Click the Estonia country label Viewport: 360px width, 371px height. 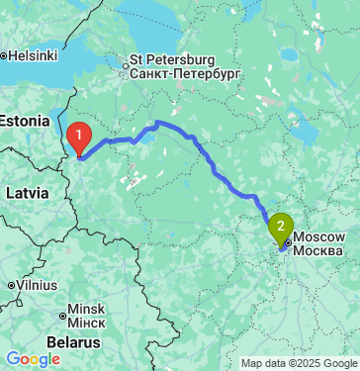pyautogui.click(x=24, y=121)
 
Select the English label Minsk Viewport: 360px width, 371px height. pyautogui.click(x=86, y=308)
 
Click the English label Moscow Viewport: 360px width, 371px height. pyautogui.click(x=319, y=237)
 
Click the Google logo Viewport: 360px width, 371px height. pyautogui.click(x=33, y=358)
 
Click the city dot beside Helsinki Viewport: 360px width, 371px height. pyautogui.click(x=5, y=54)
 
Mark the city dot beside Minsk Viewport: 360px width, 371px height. pyautogui.click(x=62, y=317)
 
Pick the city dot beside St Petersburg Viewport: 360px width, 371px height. pyautogui.click(x=125, y=67)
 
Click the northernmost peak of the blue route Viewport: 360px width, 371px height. pyautogui.click(x=158, y=123)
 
